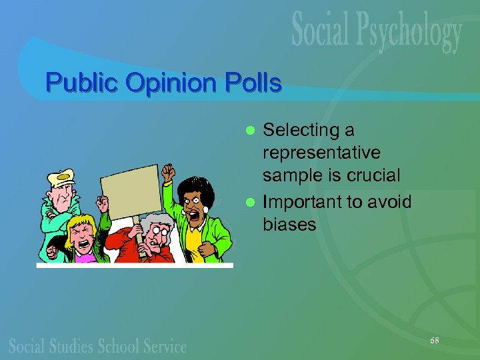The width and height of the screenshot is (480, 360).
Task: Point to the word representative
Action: (x=322, y=153)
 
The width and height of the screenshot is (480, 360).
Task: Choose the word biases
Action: (x=290, y=224)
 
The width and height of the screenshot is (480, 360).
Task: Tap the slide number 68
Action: (x=435, y=341)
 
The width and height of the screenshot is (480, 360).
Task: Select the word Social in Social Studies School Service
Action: (x=29, y=345)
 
